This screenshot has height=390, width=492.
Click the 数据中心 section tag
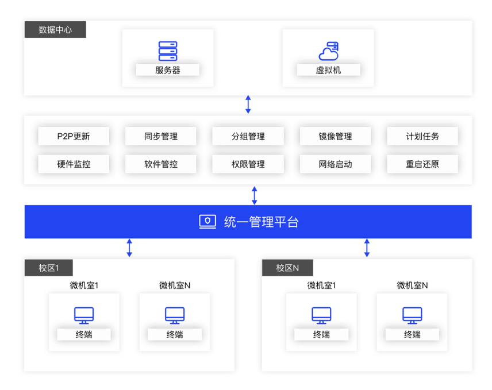55,30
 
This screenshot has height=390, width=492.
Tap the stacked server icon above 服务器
167,51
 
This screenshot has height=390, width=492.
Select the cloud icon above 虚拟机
328,51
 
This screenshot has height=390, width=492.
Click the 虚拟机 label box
328,70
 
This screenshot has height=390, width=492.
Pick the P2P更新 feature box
74,136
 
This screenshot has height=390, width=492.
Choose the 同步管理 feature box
161,136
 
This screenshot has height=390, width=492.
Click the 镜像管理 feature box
335,136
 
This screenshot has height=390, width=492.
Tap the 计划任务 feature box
422,136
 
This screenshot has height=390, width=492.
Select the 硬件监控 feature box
74,164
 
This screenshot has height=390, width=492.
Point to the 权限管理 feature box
248,164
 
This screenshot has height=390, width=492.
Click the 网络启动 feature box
335,164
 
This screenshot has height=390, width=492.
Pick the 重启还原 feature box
422,164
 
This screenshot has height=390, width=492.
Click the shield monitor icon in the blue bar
207,222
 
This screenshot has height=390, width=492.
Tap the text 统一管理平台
261,222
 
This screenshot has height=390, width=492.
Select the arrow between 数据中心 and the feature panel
248,105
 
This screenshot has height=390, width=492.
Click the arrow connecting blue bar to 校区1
129,248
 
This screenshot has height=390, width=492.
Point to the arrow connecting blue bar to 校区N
367,248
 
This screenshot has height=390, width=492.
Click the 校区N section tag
287,268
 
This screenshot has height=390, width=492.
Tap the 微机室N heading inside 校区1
175,285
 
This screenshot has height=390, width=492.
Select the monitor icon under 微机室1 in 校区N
321,315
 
